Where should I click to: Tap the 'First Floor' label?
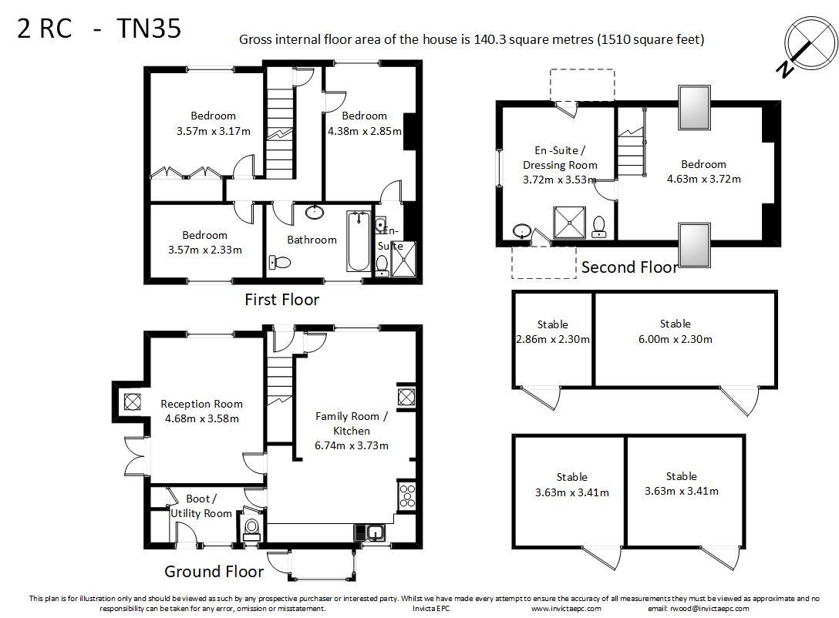(x=282, y=300)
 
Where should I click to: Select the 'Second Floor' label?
(x=629, y=267)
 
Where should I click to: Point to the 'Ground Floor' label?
(x=214, y=572)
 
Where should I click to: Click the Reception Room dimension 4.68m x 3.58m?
(x=202, y=418)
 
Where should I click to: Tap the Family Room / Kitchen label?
(x=352, y=423)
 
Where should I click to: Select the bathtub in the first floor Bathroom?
(x=359, y=241)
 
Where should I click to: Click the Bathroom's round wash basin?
(x=315, y=212)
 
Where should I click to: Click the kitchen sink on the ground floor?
(x=369, y=532)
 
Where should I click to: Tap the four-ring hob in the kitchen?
(x=406, y=495)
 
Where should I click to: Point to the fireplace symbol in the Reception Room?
(x=132, y=401)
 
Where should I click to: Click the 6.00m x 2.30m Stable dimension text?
(x=676, y=339)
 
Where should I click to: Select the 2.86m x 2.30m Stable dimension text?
(x=553, y=340)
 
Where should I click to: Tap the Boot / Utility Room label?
(x=201, y=506)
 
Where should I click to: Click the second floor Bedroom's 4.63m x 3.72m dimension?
(x=703, y=179)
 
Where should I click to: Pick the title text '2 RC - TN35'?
(x=99, y=29)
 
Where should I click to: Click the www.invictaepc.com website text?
(x=566, y=609)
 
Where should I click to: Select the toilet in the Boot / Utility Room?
(x=251, y=528)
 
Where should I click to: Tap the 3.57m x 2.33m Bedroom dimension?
(x=205, y=250)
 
